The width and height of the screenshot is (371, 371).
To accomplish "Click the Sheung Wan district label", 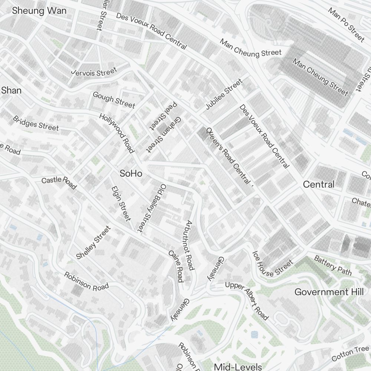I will (39, 10).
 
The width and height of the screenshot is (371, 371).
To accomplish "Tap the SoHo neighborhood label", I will (131, 173).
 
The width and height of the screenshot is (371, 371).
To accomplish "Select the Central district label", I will (318, 184).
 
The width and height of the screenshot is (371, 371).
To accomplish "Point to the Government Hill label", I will (329, 292).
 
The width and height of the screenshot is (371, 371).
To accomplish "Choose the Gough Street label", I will (114, 100).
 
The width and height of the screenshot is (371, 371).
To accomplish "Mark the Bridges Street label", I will (36, 123).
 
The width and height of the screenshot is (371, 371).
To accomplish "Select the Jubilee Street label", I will (224, 94).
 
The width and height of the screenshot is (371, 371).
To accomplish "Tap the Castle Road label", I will (59, 182).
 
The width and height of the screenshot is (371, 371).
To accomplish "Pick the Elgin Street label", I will (121, 203).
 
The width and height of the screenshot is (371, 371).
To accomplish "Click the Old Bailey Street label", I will (152, 208).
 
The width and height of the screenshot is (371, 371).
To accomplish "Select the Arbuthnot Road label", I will (190, 245).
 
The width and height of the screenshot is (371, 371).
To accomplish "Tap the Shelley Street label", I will (93, 243).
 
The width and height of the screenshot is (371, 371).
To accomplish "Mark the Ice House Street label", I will (272, 264).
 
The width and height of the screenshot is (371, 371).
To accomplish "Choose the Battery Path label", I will (333, 265).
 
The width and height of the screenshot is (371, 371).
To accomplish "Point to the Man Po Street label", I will (347, 24).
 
